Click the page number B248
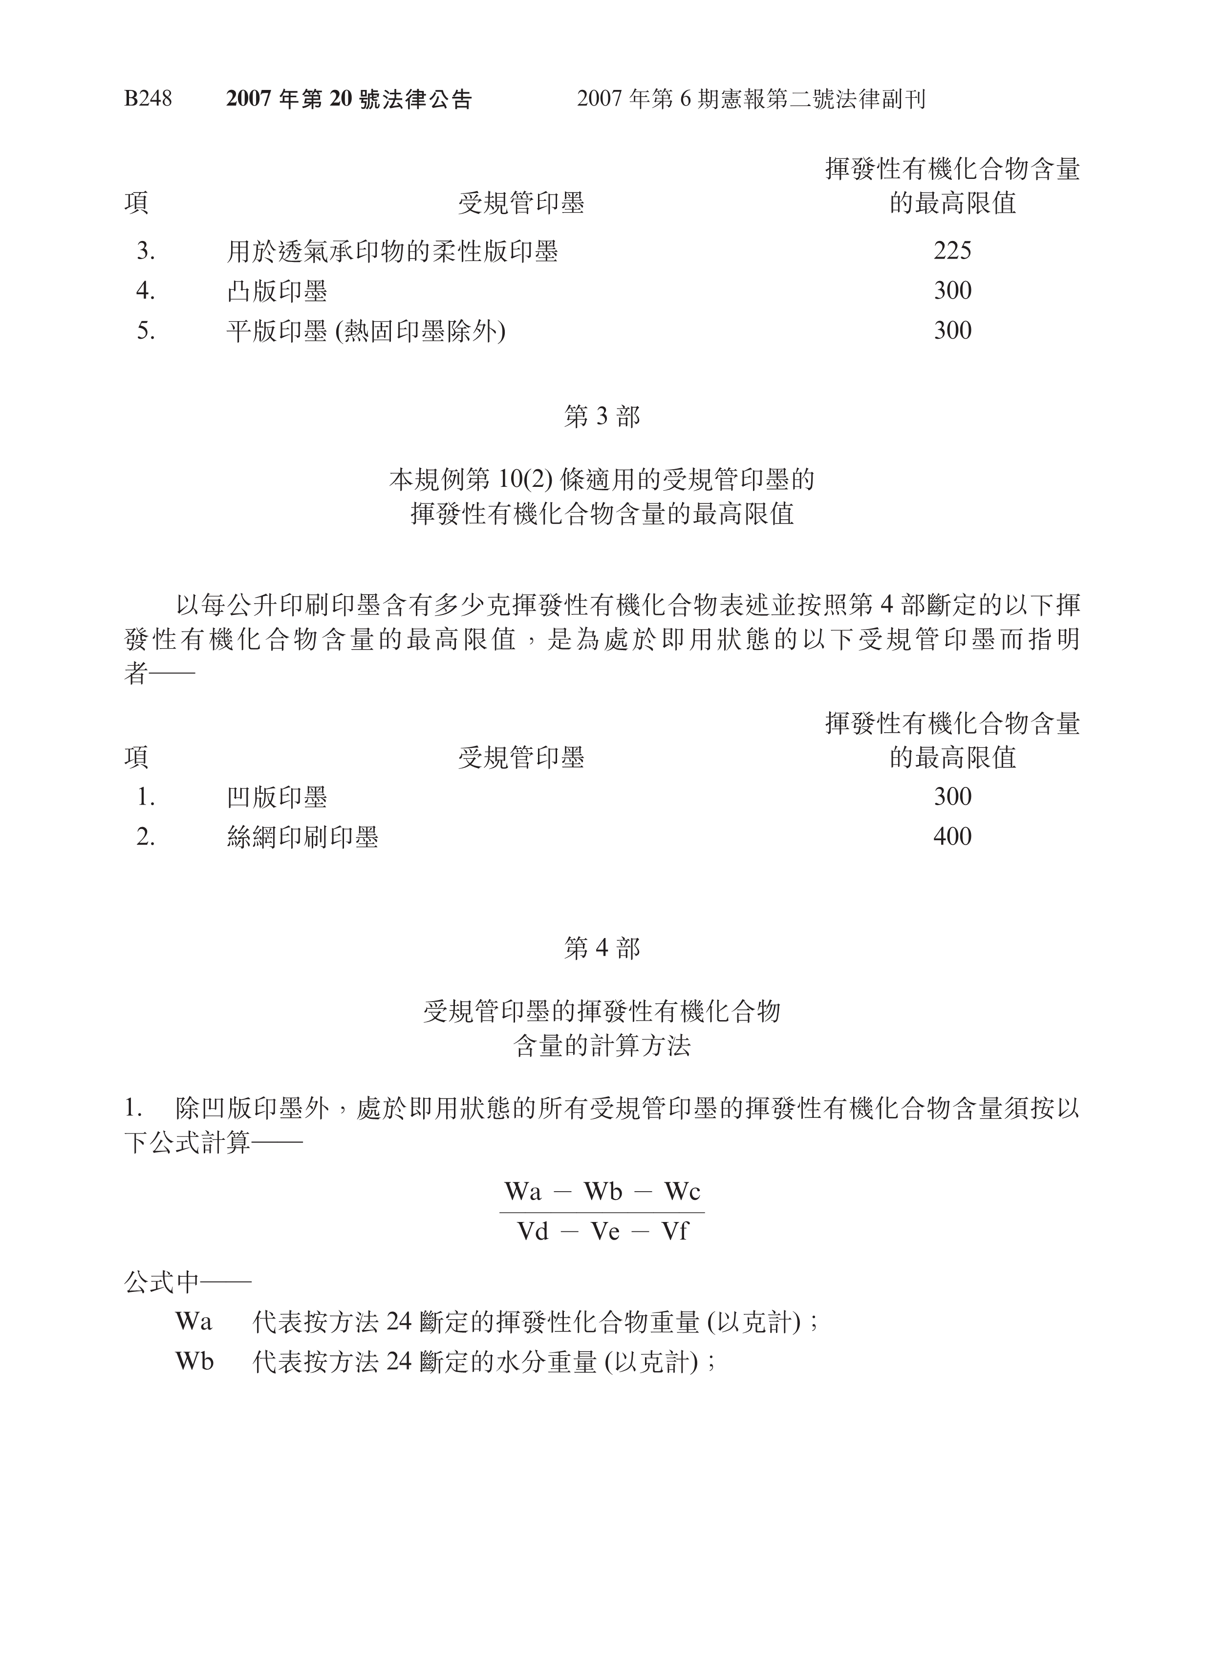(148, 99)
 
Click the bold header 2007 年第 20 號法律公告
(349, 99)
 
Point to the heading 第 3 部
(602, 416)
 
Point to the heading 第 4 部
(602, 948)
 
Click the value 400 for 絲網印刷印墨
(952, 836)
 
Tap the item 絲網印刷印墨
(302, 837)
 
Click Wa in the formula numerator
(523, 1191)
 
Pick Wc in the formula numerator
(681, 1191)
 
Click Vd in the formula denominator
(533, 1231)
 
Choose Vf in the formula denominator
(674, 1231)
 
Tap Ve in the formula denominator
(604, 1231)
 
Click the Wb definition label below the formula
(194, 1361)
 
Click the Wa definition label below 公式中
(194, 1322)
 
